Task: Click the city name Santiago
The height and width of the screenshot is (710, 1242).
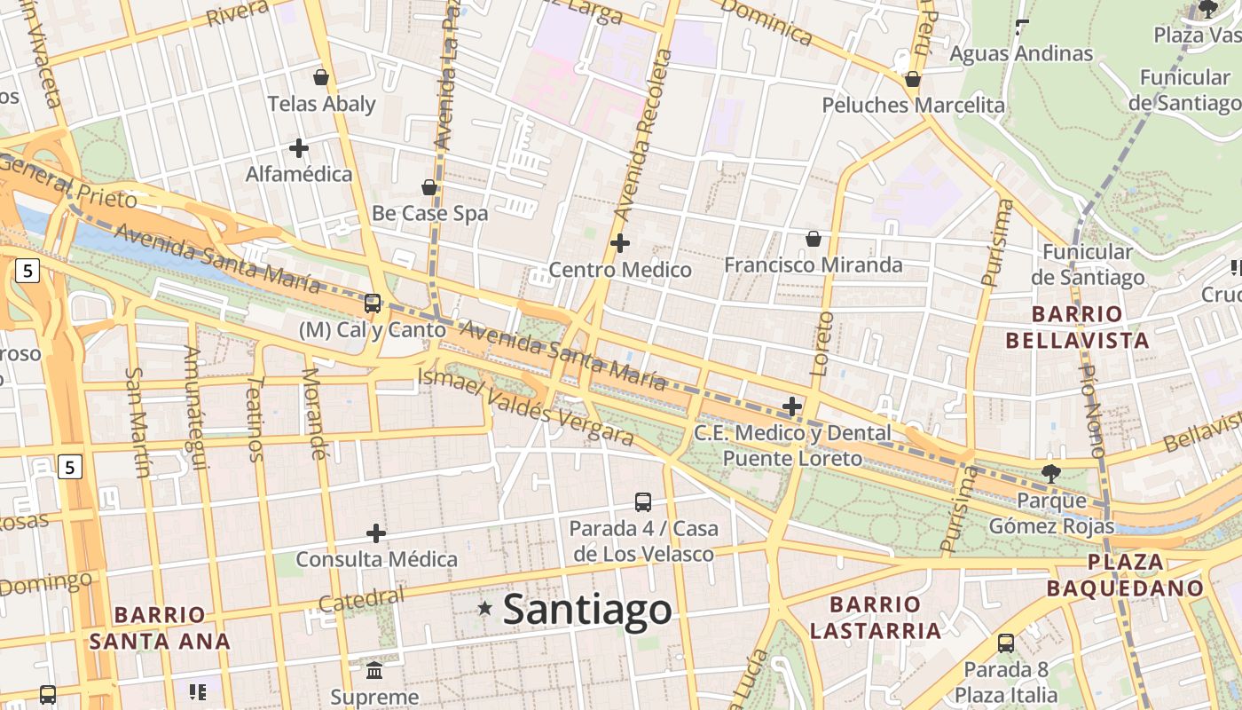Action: click(x=587, y=610)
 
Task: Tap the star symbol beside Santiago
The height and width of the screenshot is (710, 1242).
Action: click(x=484, y=608)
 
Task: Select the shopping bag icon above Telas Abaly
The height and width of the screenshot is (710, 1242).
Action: click(x=321, y=77)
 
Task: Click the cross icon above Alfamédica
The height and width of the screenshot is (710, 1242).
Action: click(x=299, y=147)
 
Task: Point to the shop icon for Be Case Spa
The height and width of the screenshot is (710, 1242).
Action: click(x=429, y=187)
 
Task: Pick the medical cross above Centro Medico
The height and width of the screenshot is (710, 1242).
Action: click(x=620, y=242)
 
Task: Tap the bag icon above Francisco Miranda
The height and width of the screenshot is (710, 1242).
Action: click(x=813, y=238)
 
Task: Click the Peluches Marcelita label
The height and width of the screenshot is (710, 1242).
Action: click(x=913, y=105)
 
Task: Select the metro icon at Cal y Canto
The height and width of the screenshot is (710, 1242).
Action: click(x=373, y=304)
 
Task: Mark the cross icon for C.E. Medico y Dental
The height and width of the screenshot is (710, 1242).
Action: click(x=792, y=406)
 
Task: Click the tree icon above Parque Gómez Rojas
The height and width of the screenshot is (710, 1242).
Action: click(x=1051, y=473)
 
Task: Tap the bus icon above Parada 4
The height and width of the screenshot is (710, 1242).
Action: click(x=643, y=502)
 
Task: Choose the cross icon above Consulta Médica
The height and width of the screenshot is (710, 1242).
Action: click(x=376, y=533)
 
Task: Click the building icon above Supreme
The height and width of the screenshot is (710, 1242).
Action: click(x=374, y=670)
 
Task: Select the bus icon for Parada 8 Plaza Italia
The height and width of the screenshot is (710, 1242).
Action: click(x=1006, y=643)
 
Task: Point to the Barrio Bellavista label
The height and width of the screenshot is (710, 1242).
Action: click(x=1077, y=327)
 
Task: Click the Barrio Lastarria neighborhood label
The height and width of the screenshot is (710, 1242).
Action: click(x=875, y=618)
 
